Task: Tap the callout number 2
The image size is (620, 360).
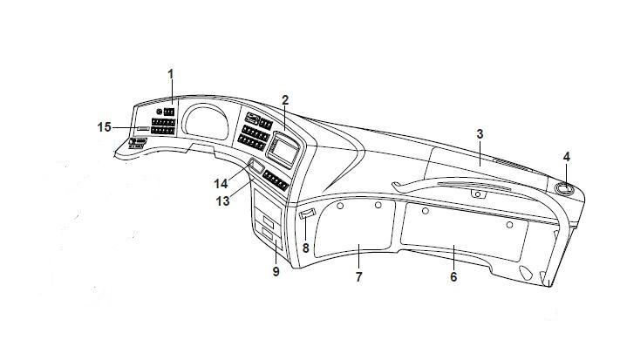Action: (x=285, y=99)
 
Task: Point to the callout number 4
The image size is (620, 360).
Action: (x=566, y=157)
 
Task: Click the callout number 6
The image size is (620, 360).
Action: (x=453, y=276)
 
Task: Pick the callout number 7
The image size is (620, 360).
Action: (x=358, y=276)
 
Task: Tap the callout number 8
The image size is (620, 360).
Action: (x=306, y=248)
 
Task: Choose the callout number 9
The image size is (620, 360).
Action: (x=276, y=271)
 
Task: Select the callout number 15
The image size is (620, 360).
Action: (x=105, y=127)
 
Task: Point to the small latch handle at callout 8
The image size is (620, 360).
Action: (x=306, y=214)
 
